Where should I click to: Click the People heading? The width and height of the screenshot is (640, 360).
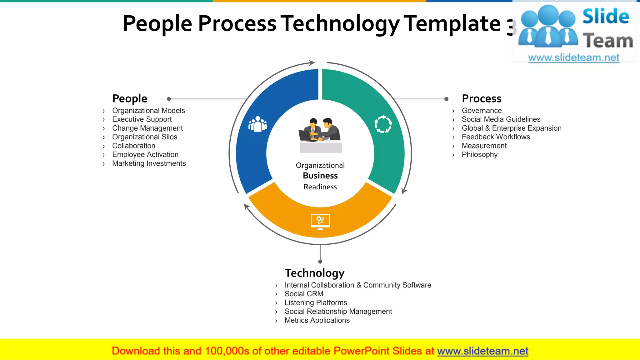[130, 99]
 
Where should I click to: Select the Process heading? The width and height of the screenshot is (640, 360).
[482, 99]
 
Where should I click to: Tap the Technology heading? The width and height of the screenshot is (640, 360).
[314, 273]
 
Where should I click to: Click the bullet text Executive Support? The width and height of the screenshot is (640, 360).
[142, 119]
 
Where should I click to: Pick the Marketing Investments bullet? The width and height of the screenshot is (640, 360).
[149, 163]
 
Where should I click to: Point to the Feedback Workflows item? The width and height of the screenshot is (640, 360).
[496, 137]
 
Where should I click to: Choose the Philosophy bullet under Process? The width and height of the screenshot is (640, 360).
[479, 155]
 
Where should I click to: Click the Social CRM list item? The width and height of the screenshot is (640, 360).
[304, 294]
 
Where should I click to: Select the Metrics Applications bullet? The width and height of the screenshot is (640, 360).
[317, 320]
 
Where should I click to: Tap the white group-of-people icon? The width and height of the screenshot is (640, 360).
[258, 124]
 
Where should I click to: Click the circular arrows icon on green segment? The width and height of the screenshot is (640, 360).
[383, 124]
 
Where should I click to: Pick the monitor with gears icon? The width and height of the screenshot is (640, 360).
[320, 222]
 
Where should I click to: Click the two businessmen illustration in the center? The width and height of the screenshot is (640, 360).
[320, 134]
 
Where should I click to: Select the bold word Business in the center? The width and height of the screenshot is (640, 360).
[320, 176]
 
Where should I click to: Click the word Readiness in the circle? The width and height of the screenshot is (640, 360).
[320, 187]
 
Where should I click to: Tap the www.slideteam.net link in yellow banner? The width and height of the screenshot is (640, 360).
[482, 351]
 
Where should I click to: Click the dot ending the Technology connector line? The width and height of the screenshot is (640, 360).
[320, 262]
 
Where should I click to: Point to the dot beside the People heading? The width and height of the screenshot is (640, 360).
[169, 99]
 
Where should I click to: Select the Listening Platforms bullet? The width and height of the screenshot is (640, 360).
[316, 303]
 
